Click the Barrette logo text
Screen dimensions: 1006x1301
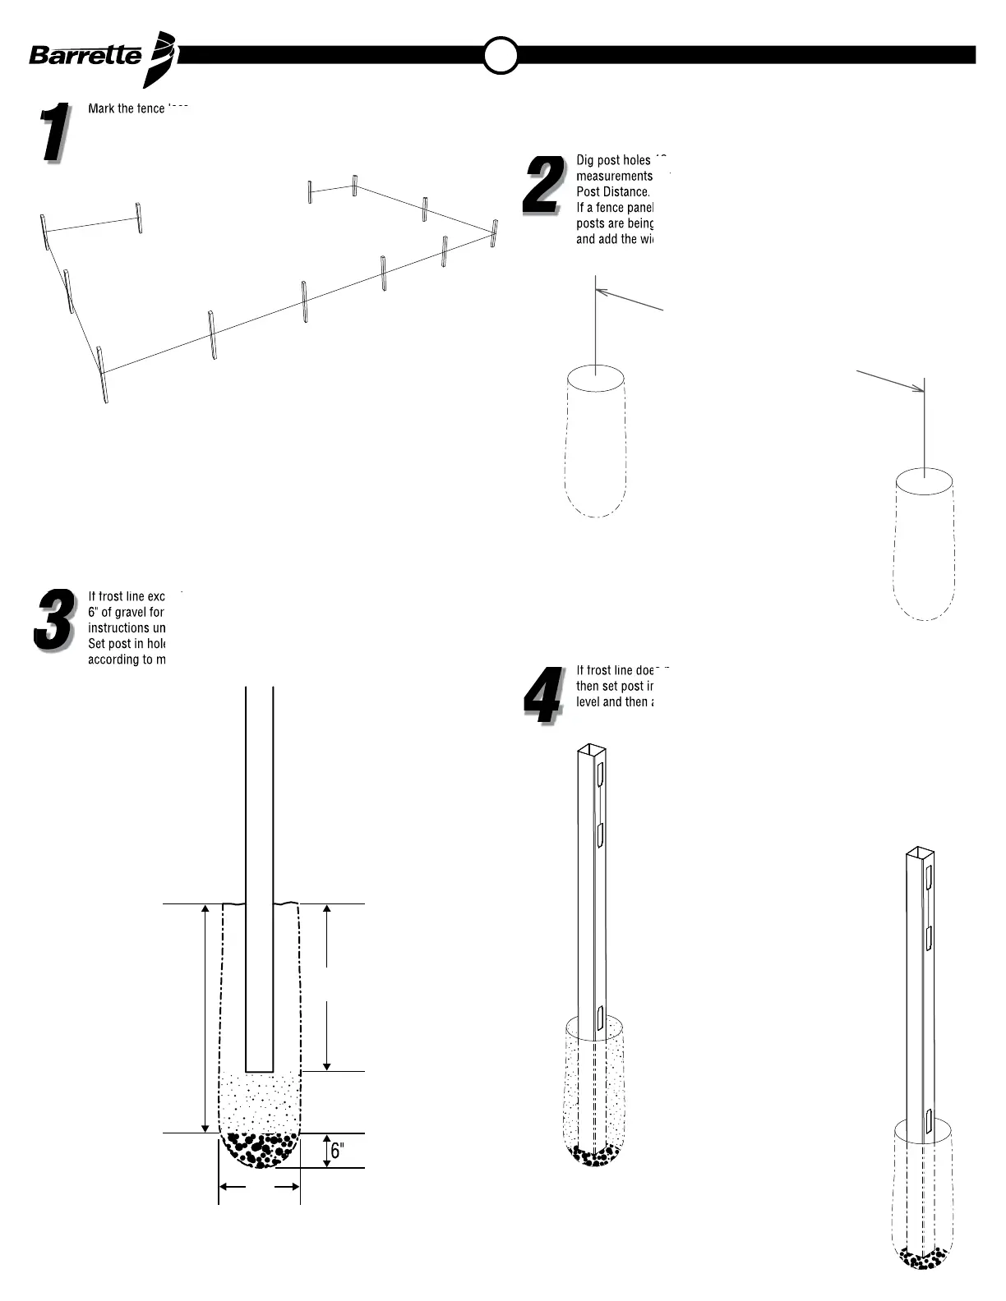tap(85, 56)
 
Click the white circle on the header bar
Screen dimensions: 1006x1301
tap(500, 56)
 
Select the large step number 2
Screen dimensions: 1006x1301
tap(542, 186)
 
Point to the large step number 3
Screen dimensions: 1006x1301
tap(53, 622)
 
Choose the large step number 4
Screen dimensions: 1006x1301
tap(542, 696)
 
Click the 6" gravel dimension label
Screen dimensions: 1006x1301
tap(335, 1151)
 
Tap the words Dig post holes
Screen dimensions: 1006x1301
tap(613, 160)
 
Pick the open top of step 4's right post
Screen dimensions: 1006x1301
tap(920, 852)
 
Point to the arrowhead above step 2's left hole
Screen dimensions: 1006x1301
tap(599, 291)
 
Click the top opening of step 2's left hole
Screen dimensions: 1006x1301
tap(595, 379)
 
